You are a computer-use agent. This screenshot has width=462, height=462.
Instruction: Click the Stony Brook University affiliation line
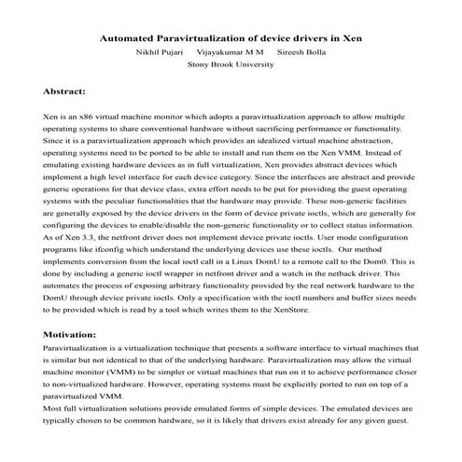point(231,66)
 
